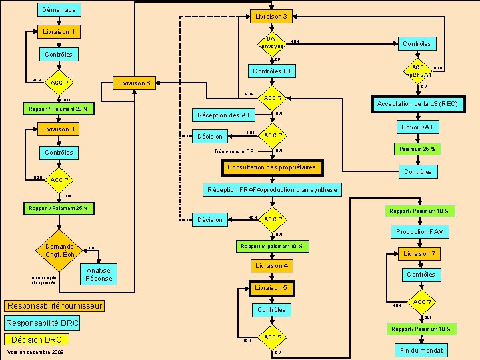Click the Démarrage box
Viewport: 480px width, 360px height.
pos(58,9)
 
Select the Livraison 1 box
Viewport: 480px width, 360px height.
pos(58,32)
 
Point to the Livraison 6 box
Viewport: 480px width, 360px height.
pos(136,83)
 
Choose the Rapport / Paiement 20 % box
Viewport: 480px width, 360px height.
pos(59,109)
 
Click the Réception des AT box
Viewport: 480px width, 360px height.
pos(223,115)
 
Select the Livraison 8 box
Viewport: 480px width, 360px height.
pos(58,129)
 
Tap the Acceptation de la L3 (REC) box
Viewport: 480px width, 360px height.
pos(417,104)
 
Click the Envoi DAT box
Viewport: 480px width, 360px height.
pos(417,127)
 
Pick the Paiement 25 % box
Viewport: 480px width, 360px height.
pos(417,149)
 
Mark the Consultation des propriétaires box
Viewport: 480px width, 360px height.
pos(271,167)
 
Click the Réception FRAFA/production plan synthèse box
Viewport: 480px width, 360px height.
pos(272,190)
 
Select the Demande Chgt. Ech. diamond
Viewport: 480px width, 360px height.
pos(59,250)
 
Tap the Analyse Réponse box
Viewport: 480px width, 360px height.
pos(99,274)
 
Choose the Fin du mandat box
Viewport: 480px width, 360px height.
pos(421,350)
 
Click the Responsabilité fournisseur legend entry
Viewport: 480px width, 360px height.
pos(54,306)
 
